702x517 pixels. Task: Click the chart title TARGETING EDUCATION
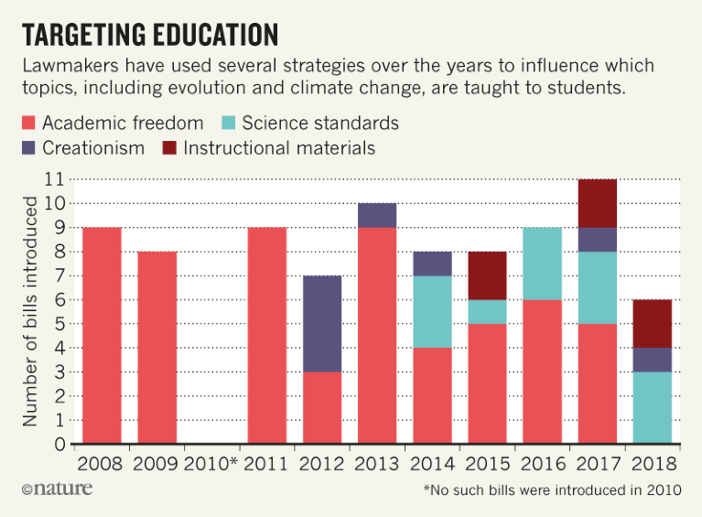(150, 34)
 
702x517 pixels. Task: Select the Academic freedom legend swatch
(27, 123)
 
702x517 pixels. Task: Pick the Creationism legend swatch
(27, 147)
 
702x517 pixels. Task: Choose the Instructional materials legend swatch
(170, 147)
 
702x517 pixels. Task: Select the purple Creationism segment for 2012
(322, 323)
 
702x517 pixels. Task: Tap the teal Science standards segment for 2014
(433, 311)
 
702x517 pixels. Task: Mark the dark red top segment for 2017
(599, 203)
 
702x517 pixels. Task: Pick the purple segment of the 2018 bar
(653, 360)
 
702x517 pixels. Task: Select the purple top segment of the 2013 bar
(377, 215)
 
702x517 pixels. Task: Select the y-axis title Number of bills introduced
(29, 311)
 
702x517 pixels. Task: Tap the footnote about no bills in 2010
(552, 490)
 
